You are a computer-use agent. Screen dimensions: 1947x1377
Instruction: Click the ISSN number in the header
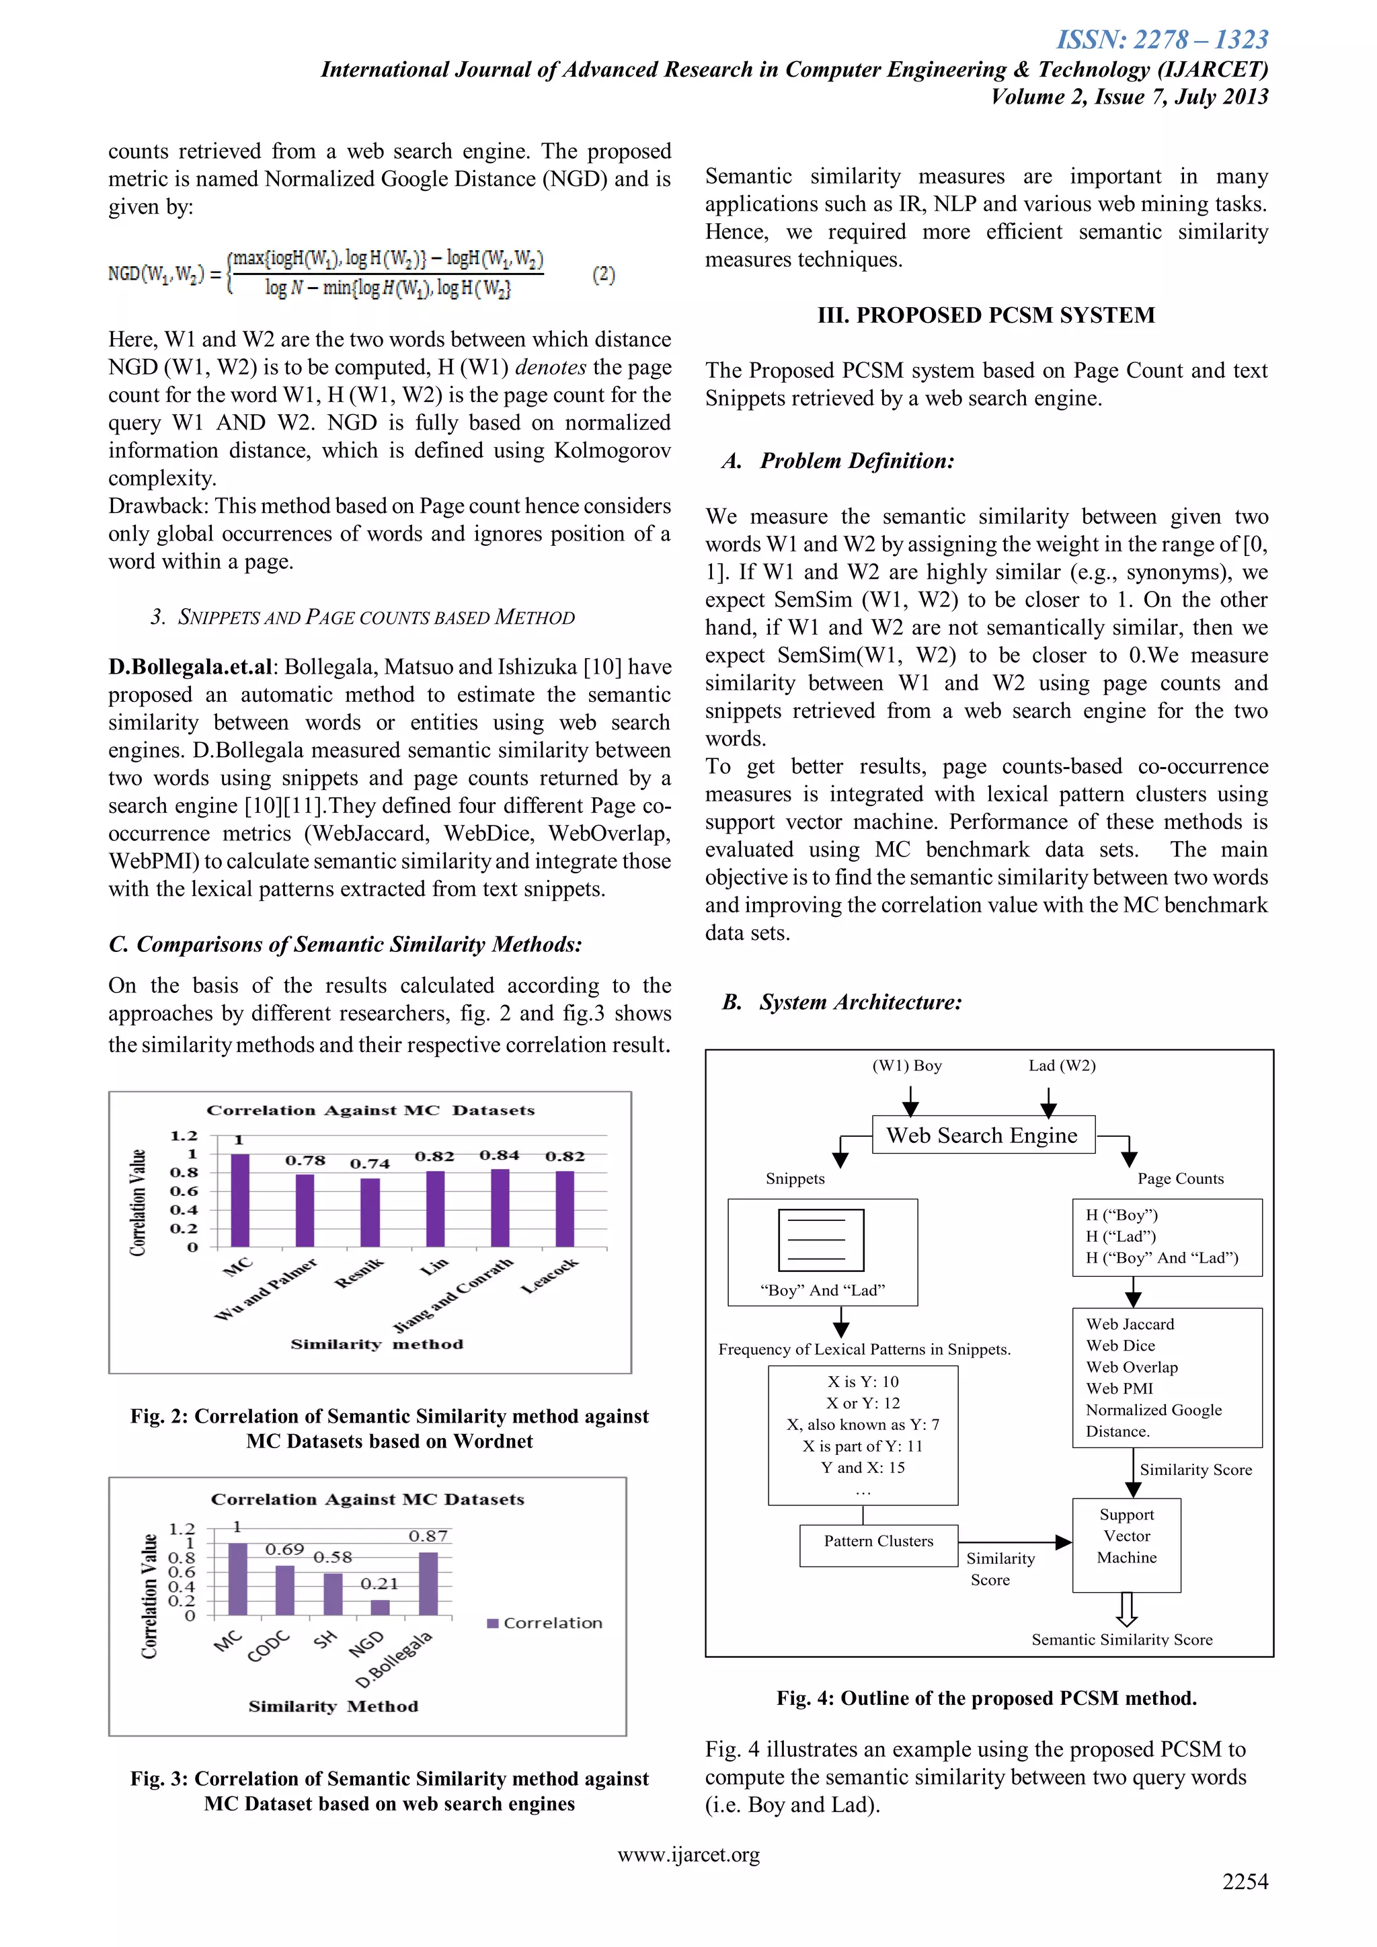coord(1162,39)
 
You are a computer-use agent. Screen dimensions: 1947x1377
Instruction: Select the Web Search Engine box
coord(983,1135)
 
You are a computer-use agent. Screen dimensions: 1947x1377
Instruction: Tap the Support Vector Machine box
coord(1126,1545)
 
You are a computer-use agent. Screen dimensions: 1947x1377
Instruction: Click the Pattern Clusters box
coord(878,1542)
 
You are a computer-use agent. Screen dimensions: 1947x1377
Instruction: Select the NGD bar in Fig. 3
coord(381,1607)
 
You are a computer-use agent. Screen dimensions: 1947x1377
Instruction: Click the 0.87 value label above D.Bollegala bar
coord(428,1536)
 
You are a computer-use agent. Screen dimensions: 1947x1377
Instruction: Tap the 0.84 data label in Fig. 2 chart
coord(500,1155)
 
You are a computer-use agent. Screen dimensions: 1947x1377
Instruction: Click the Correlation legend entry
coord(545,1622)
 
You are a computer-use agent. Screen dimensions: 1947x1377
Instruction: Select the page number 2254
coord(1245,1881)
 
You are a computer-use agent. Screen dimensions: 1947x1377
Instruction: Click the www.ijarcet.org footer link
coord(688,1855)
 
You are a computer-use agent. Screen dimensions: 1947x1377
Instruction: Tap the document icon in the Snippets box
coord(821,1239)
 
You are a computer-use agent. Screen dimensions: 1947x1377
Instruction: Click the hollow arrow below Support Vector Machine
coord(1127,1607)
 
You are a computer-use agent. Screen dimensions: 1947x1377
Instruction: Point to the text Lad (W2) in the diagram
coord(1062,1066)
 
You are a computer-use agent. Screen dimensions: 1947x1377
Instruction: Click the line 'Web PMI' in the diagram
coord(1119,1388)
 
